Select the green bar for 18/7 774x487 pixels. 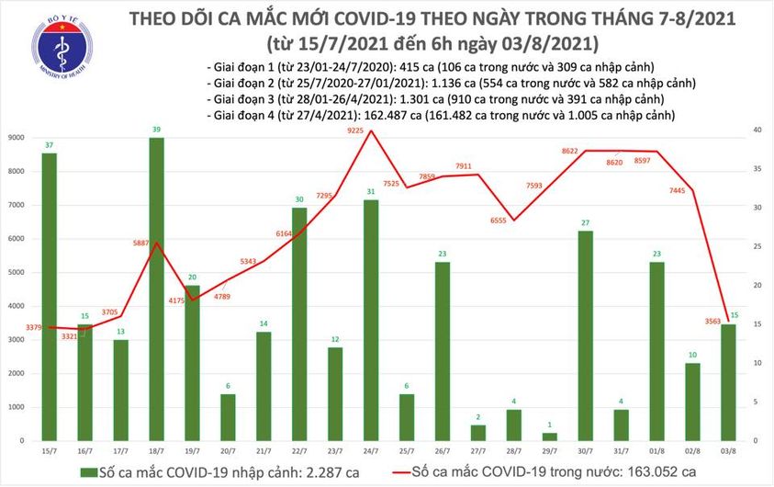(x=157, y=289)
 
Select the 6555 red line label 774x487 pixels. (x=499, y=221)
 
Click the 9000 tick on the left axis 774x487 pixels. (x=17, y=137)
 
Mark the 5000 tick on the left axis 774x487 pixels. (x=17, y=273)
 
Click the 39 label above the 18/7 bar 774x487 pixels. (x=157, y=130)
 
